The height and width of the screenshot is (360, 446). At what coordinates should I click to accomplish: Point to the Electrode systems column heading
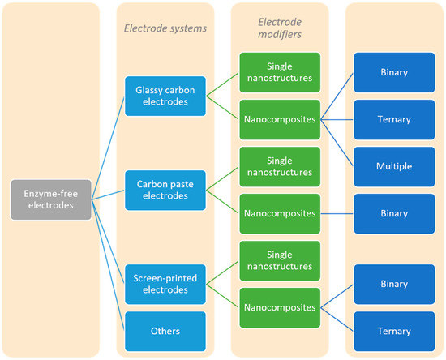point(165,28)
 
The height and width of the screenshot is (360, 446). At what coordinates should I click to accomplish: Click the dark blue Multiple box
point(395,166)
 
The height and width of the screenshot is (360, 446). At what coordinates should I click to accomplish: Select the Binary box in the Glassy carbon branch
point(395,72)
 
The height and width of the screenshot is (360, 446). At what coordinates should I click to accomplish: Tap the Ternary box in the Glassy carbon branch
point(395,119)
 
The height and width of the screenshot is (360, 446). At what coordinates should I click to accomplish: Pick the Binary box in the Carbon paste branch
point(395,213)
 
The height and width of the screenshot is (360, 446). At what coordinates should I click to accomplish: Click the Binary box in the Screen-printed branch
point(395,284)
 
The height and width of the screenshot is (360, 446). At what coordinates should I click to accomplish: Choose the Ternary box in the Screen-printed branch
point(395,331)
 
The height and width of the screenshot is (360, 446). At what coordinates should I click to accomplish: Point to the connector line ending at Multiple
point(337,143)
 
